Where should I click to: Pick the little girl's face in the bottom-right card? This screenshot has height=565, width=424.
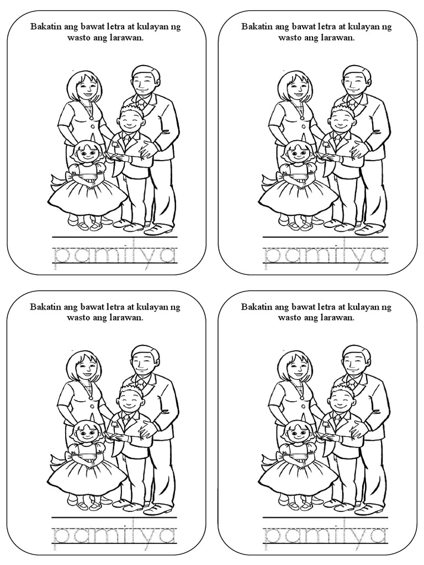[x=298, y=433]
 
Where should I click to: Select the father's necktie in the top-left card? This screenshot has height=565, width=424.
[x=141, y=104]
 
